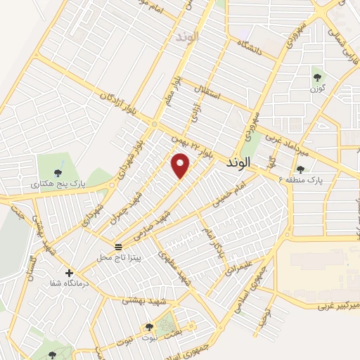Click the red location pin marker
click(181, 165)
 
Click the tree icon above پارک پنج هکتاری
click(58, 173)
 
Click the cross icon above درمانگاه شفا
click(68, 273)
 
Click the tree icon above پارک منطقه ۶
click(300, 169)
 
